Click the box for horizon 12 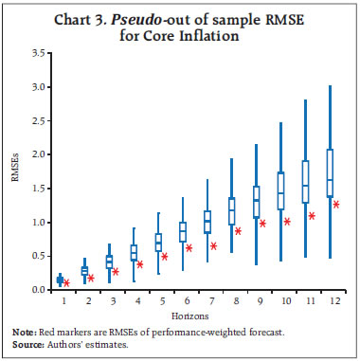[x=330, y=172]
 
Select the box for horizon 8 [x=231, y=210]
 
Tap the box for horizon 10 [x=280, y=190]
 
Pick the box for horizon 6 [x=183, y=231]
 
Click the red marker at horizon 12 [x=336, y=204]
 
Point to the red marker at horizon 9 [x=262, y=224]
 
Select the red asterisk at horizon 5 [x=164, y=256]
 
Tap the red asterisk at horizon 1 [x=66, y=282]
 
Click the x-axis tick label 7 [x=207, y=300]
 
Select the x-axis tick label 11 [x=305, y=300]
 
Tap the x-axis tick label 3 [x=110, y=300]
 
